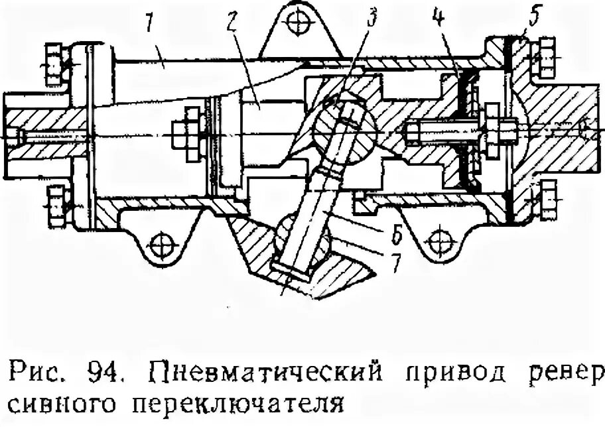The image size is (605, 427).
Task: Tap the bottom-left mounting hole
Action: point(161,245)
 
